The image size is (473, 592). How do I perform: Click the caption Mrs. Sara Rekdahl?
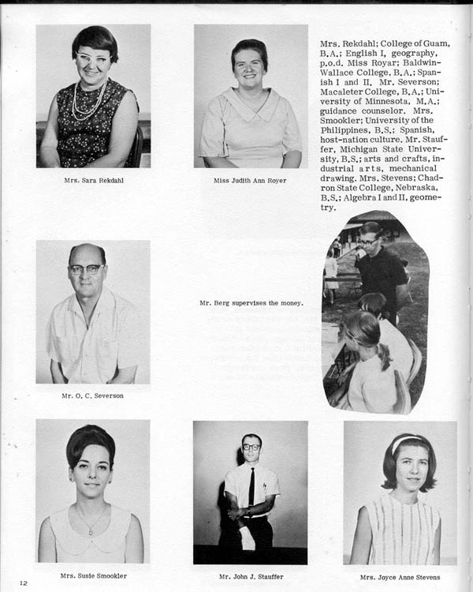[93, 181]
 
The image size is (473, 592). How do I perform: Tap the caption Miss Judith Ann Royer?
[251, 181]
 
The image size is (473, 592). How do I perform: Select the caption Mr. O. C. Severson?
[93, 395]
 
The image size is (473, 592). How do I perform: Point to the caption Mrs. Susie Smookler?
[93, 576]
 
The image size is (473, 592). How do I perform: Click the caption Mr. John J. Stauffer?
[251, 576]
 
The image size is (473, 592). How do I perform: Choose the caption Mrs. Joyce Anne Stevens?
[400, 576]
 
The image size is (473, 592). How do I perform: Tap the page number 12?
[24, 583]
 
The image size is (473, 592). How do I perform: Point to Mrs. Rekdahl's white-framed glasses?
[93, 59]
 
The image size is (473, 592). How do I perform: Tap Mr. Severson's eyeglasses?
[85, 269]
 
